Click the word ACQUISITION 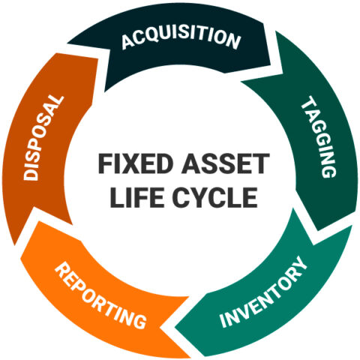181,38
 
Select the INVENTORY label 263,292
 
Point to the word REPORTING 100,295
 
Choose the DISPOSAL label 43,137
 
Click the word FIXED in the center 136,163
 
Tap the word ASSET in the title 226,163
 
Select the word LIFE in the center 137,197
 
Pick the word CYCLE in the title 215,197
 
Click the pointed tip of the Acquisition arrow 283,73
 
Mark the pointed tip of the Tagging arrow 313,244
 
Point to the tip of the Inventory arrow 175,327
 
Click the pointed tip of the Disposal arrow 67,44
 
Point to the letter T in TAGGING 309,103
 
